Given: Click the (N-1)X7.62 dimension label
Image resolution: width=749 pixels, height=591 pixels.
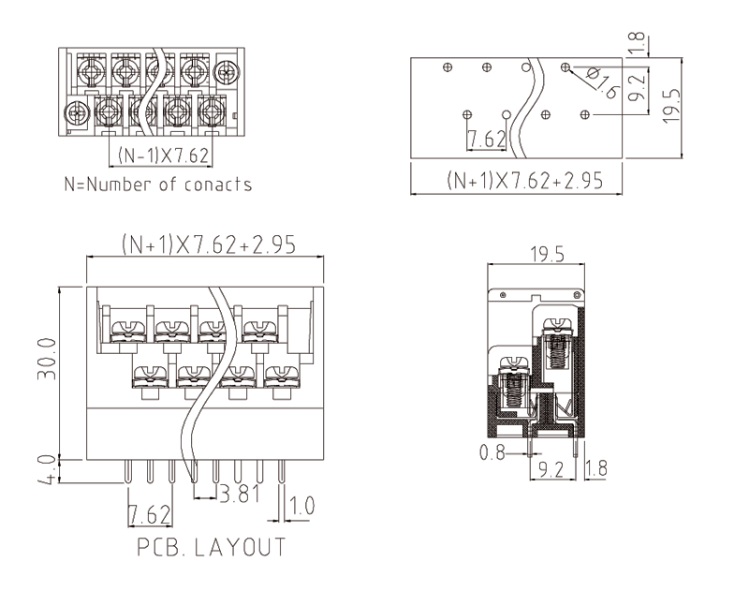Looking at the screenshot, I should click(x=163, y=155).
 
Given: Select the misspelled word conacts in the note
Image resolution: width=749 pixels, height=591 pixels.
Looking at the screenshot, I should click(x=217, y=185).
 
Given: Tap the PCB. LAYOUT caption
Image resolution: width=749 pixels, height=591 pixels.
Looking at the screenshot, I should click(x=212, y=547).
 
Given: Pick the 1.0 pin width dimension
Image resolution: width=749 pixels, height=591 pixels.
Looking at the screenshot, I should click(x=301, y=507).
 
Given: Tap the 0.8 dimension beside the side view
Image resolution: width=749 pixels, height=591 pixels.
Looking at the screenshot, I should click(x=492, y=454).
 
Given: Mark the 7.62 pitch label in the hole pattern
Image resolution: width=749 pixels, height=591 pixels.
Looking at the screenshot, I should click(x=487, y=140).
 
